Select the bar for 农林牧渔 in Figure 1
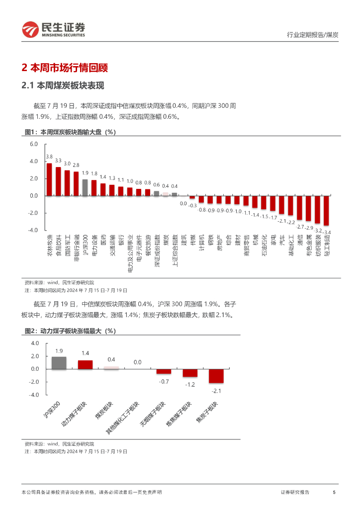49,179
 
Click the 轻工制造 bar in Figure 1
326,210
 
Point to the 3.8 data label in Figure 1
49,157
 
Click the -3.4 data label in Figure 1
327,232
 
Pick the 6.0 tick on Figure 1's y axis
34,144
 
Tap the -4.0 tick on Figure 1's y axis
33,231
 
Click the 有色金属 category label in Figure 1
309,247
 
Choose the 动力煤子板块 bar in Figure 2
85,364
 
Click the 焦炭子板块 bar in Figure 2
216,376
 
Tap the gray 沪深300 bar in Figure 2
59,363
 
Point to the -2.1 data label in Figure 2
216,391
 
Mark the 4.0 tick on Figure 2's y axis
35,343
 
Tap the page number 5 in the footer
334,492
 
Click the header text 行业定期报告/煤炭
313,35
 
